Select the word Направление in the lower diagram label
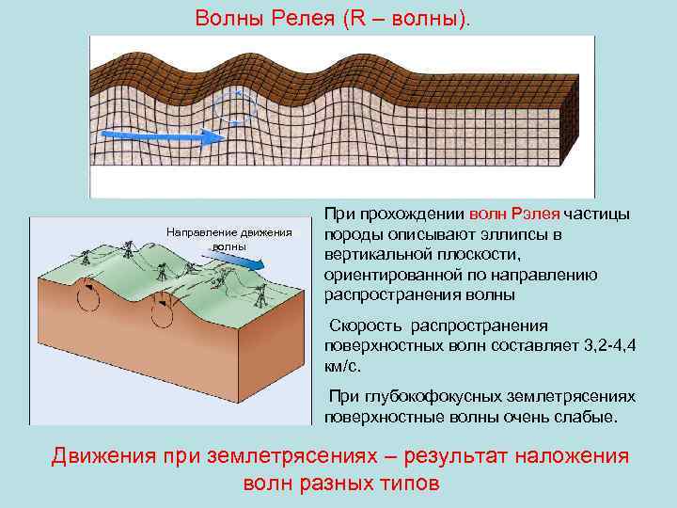click(197, 232)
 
